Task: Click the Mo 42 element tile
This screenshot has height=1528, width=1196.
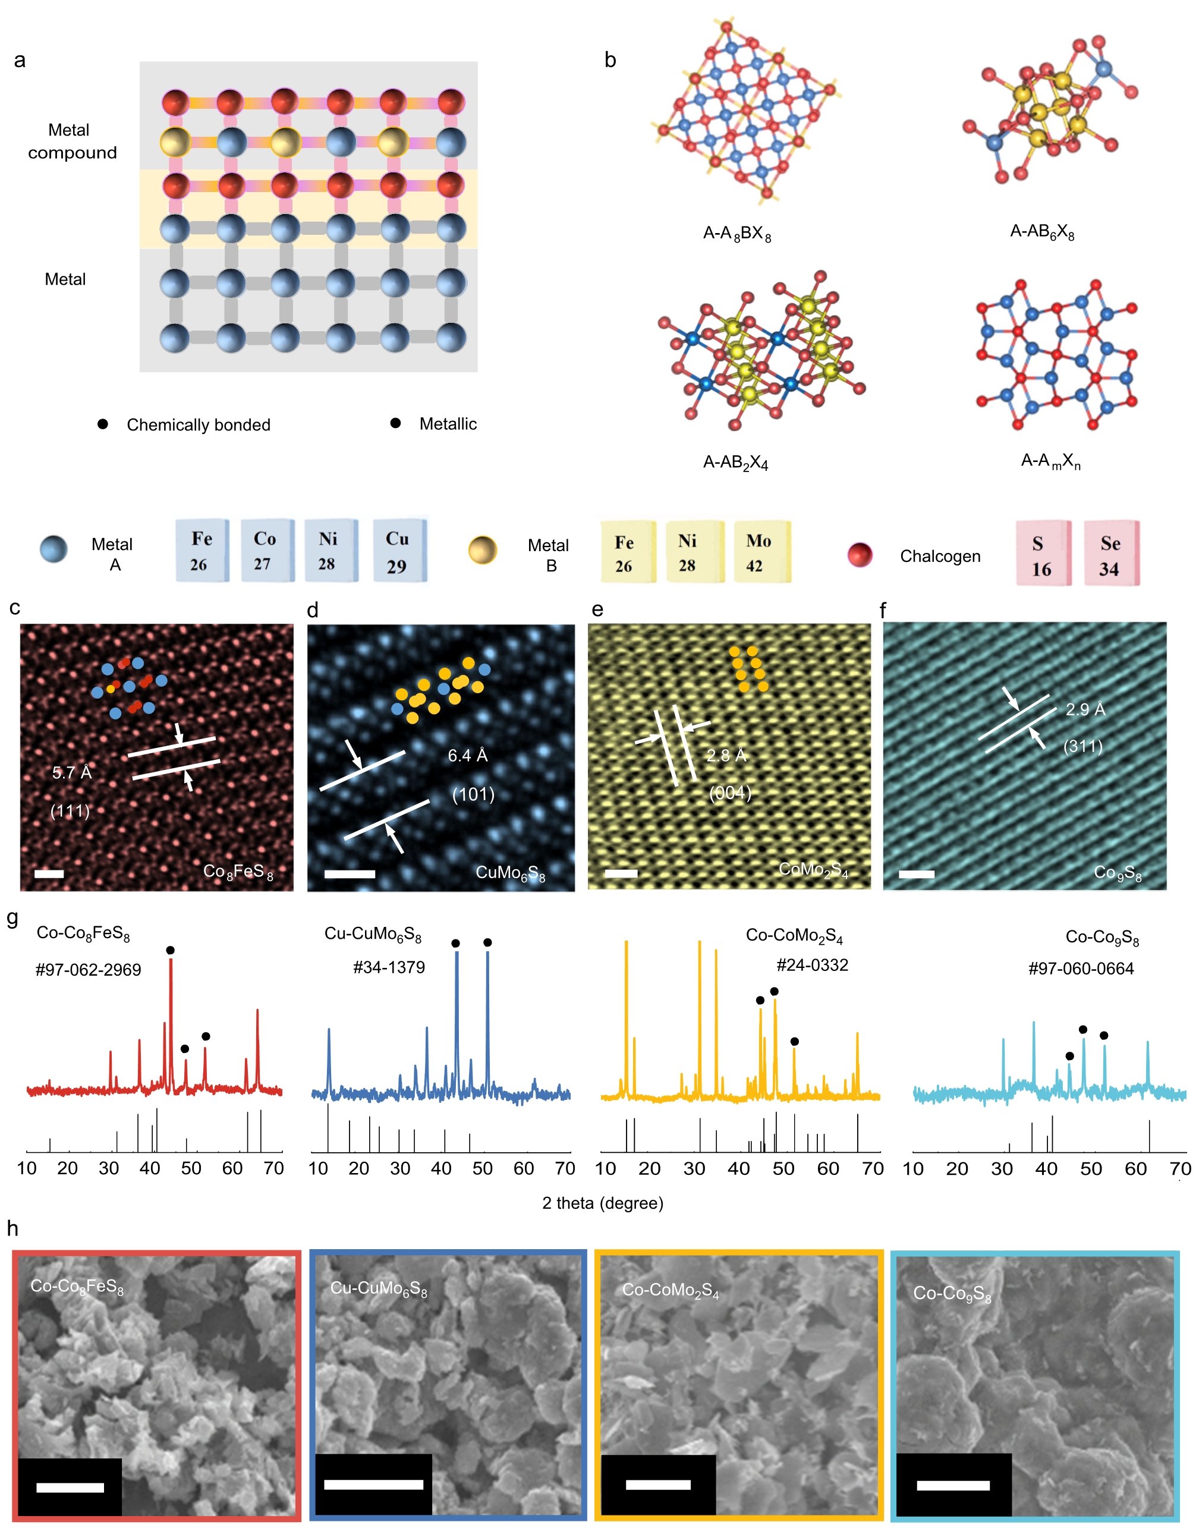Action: point(763,552)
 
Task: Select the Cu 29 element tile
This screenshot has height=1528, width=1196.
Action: point(399,551)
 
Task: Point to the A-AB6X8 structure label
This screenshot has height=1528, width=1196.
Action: point(1042,232)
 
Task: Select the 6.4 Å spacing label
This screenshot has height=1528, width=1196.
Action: point(468,756)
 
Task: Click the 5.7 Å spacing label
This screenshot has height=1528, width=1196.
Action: point(72,772)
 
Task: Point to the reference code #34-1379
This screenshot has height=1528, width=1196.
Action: point(389,967)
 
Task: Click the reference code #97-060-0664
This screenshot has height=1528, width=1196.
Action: point(1081,969)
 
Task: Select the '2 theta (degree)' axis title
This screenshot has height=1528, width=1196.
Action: point(602,1203)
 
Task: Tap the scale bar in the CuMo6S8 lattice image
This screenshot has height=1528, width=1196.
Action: point(350,873)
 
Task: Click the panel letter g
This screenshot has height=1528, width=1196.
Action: point(12,917)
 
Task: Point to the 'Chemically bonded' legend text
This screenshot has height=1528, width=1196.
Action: point(198,425)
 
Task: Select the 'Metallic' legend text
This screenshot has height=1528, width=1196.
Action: point(448,425)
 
